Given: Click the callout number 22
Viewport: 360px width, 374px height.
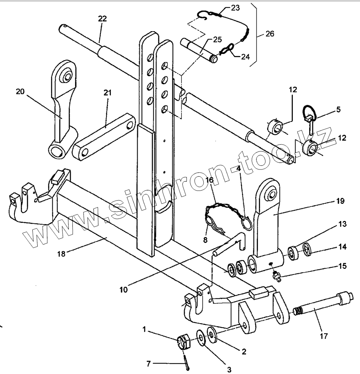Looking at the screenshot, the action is [x=102, y=18].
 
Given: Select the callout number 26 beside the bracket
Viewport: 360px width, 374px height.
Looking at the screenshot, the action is [x=270, y=34].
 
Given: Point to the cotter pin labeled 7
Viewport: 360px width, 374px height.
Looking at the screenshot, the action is [x=187, y=362].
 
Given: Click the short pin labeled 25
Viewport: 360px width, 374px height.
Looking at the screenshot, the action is [x=199, y=51].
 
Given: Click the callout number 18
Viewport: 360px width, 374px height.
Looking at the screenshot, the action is [x=61, y=254].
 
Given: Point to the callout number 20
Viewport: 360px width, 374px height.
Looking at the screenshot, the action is [x=20, y=92].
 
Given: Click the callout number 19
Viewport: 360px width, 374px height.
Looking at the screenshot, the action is [x=340, y=201].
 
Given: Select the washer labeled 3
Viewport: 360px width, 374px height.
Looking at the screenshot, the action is [x=201, y=337].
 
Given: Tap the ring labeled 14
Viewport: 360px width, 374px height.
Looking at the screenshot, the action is [x=307, y=249].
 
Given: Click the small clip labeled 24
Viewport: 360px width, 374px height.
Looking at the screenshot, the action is [x=226, y=49].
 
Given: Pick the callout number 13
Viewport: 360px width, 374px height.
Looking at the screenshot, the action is [x=342, y=224].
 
